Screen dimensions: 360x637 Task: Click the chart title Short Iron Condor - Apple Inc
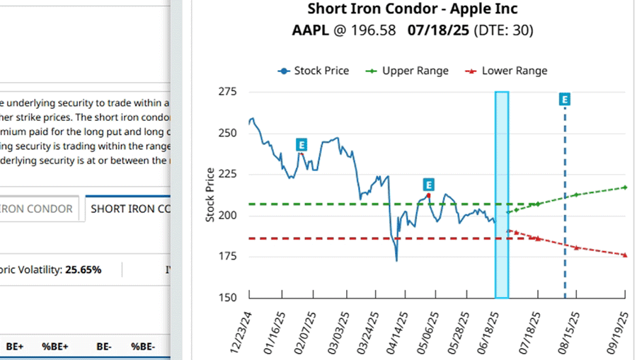tap(413, 9)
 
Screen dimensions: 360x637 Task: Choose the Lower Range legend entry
tap(506, 71)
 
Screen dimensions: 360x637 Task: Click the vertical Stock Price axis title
tap(210, 195)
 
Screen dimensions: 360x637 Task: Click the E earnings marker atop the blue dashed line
tap(565, 99)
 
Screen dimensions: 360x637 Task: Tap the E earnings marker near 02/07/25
tap(302, 145)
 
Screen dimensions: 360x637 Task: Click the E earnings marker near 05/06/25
tap(427, 185)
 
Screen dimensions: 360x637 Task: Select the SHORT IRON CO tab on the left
tap(130, 209)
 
